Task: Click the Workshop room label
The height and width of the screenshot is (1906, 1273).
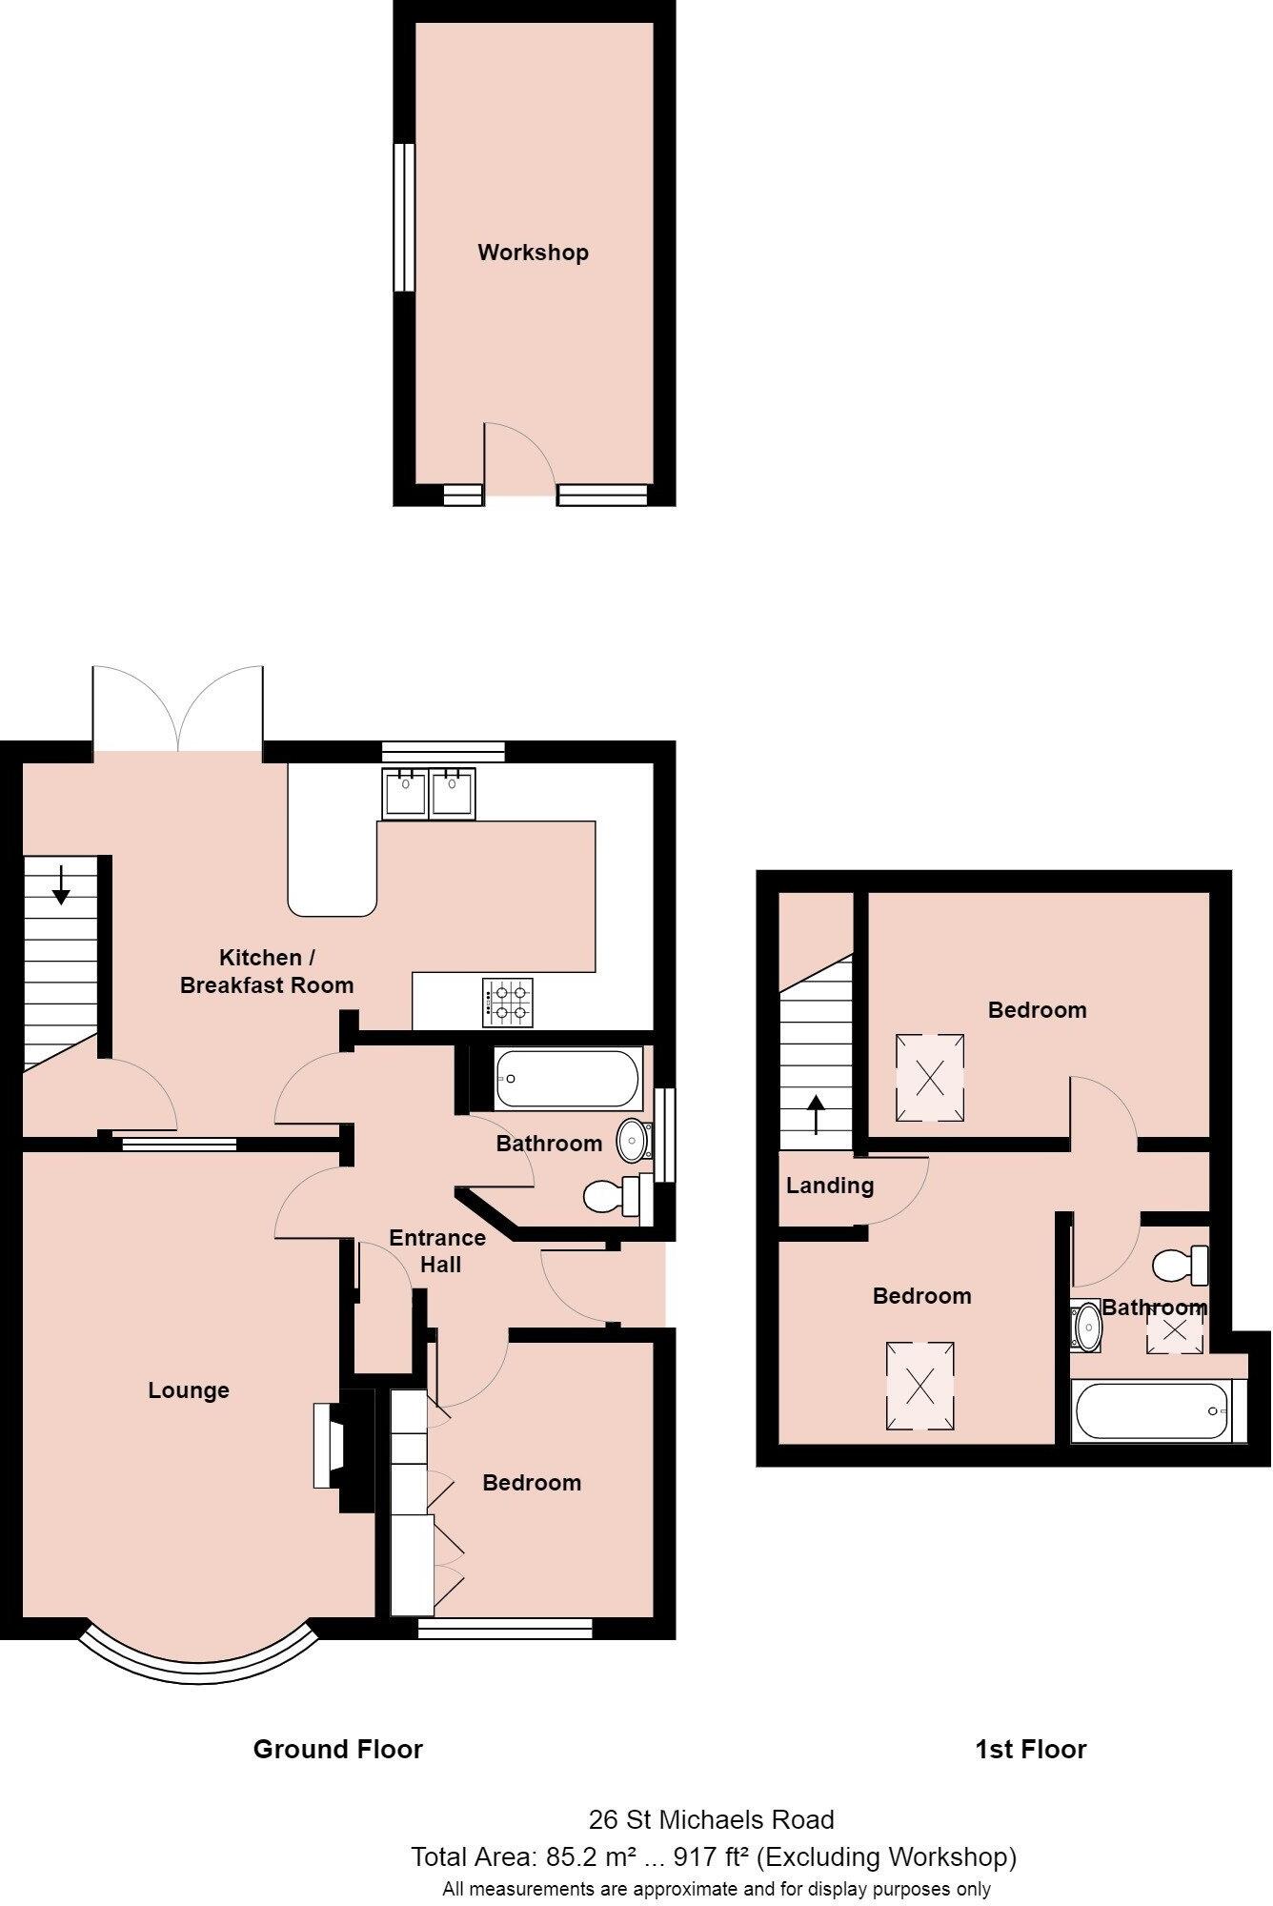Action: [x=533, y=253]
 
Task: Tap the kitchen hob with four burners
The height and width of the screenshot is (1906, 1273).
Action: [x=508, y=1003]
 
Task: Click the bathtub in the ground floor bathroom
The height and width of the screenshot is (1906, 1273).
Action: [x=567, y=1078]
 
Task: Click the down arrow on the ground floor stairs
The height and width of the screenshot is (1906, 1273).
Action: [x=61, y=883]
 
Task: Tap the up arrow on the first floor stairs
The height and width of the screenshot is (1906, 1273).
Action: [x=816, y=1114]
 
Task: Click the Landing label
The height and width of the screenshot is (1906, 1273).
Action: [x=829, y=1186]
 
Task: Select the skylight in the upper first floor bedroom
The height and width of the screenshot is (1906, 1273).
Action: [x=930, y=1077]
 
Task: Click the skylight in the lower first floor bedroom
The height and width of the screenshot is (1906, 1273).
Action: [x=919, y=1387]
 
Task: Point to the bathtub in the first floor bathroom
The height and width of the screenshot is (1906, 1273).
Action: [x=1152, y=1410]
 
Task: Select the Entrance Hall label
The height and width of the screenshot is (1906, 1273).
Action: [x=437, y=1250]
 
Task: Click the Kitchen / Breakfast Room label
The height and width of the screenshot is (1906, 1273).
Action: [x=266, y=971]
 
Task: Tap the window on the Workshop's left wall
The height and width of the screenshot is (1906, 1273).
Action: [x=404, y=217]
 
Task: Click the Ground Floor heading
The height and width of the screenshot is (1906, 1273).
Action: [x=337, y=1749]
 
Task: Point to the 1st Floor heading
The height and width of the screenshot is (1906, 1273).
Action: [x=1030, y=1749]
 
